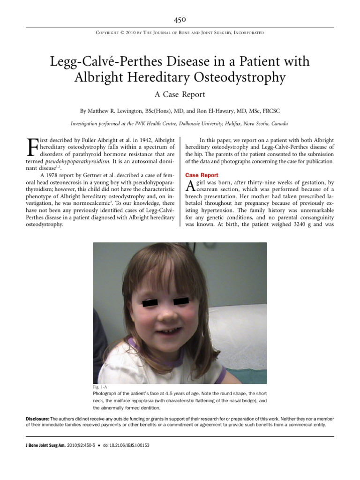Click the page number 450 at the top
point(180,19)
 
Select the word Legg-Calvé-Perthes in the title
point(105,62)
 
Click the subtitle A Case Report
point(180,94)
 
